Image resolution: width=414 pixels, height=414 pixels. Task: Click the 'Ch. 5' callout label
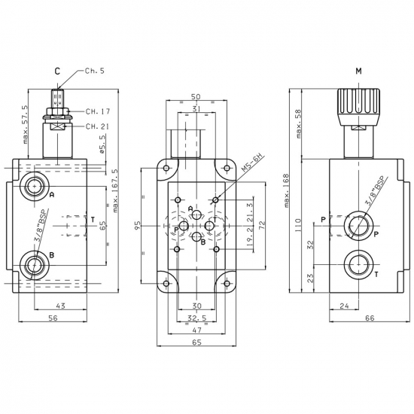point(95,71)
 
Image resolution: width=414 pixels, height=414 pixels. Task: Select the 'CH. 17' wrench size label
point(98,111)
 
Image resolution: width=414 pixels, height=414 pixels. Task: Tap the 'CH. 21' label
point(97,126)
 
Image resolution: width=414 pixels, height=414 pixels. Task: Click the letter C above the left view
point(57,72)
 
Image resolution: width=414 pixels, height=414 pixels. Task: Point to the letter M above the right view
point(358,71)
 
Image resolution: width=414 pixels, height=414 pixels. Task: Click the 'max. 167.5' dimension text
point(115,190)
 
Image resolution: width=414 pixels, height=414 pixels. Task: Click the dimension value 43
point(60,306)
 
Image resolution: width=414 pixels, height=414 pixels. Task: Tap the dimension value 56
point(53,318)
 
